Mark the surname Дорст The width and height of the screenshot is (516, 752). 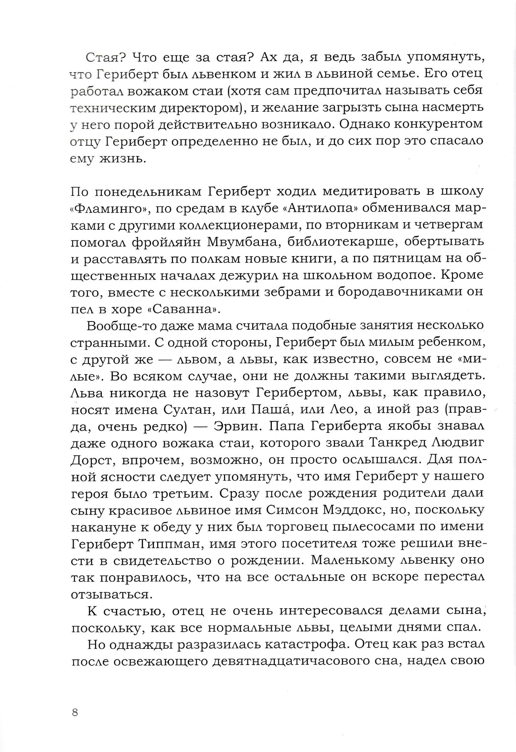coord(92,460)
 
